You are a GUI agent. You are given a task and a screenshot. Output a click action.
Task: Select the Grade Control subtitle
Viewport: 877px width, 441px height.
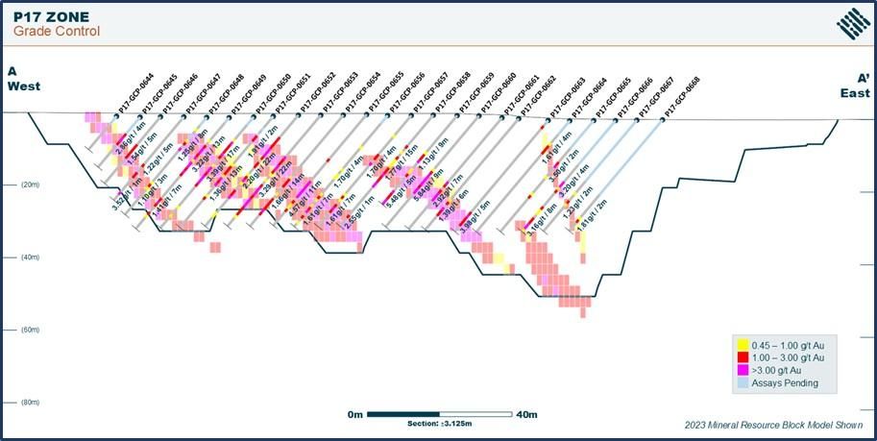coord(56,32)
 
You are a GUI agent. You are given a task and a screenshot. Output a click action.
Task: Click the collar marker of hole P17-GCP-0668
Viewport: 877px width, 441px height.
coord(662,119)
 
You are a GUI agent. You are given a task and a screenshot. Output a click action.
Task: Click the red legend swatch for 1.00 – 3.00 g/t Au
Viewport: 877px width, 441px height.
coord(743,357)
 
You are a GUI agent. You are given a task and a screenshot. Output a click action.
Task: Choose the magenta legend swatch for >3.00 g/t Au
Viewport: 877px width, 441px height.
coord(743,370)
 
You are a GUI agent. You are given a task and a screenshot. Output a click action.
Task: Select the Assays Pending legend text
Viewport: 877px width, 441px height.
coord(787,382)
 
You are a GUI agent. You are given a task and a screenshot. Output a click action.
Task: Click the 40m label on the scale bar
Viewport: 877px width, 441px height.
coord(527,414)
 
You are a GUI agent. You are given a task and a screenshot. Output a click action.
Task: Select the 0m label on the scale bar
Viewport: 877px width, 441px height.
coord(356,414)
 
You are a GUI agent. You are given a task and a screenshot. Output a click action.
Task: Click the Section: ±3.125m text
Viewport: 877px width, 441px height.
coord(443,425)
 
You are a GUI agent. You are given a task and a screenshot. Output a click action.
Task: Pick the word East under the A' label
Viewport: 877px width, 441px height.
coord(857,92)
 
